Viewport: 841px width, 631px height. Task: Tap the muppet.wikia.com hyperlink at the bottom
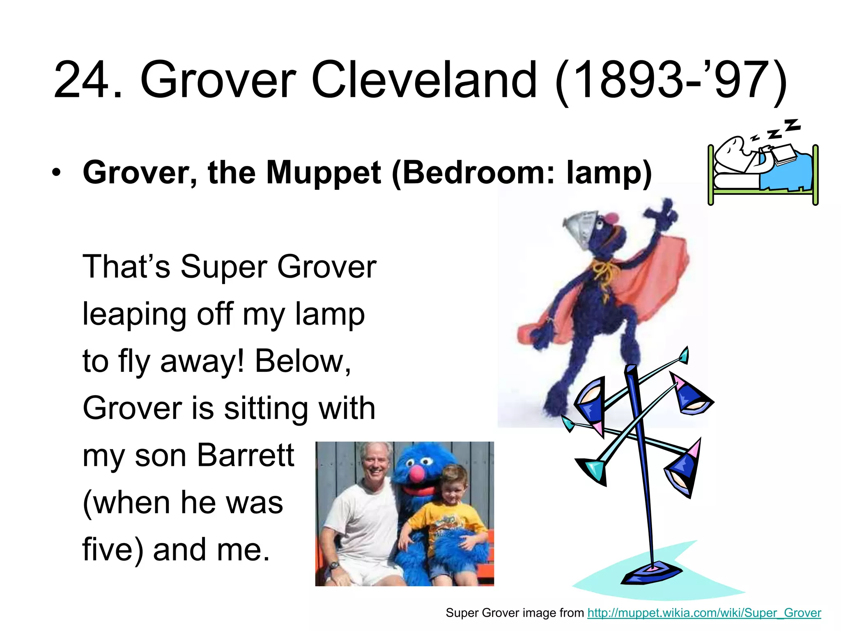[x=704, y=613]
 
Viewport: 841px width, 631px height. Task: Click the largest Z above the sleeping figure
[x=792, y=125]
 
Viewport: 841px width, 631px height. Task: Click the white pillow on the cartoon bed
[x=735, y=181]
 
